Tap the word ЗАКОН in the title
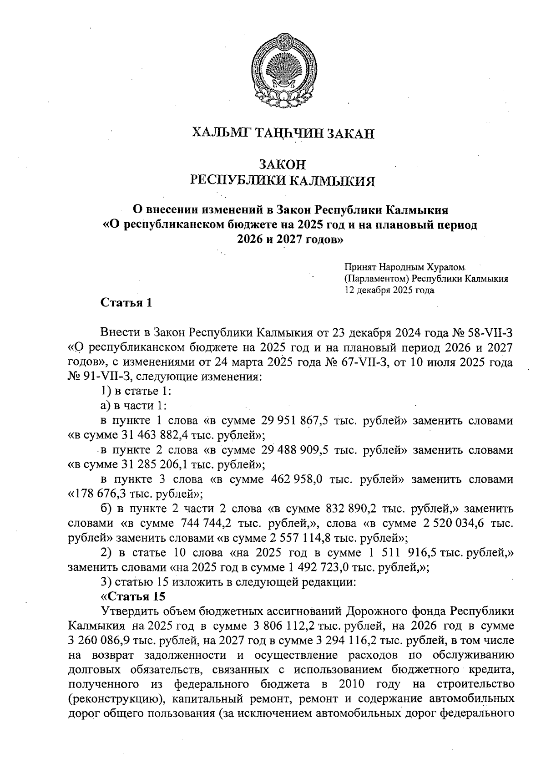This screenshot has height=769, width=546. point(283,164)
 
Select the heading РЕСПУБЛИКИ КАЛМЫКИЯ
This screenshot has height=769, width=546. point(283,181)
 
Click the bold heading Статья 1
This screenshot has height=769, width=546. point(126,303)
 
